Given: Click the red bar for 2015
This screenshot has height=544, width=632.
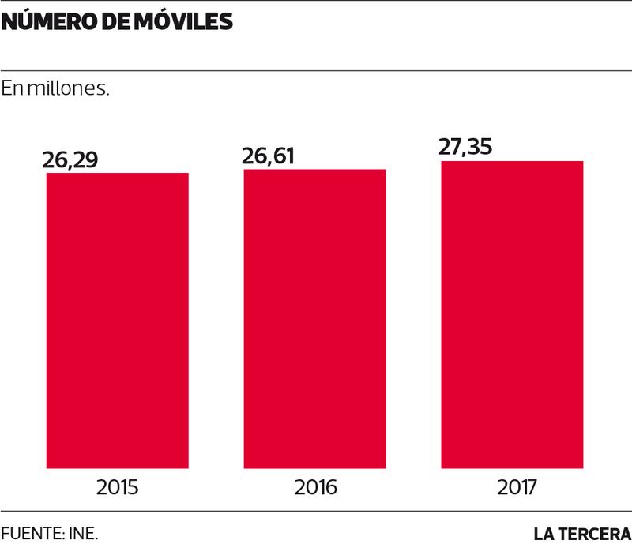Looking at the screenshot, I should coord(118,320).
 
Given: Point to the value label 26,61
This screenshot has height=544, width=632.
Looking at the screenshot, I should coord(268,156).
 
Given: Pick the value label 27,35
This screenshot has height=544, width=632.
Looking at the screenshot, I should coord(465,148).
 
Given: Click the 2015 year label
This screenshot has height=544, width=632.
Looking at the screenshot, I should coord(118,487).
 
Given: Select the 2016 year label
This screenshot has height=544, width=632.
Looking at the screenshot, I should coord(315,487).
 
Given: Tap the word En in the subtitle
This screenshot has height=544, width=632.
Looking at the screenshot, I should coord(12,88).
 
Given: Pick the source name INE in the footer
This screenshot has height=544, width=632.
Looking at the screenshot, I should coord(85,532).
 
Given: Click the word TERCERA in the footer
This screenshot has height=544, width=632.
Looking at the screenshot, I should coord(595,533).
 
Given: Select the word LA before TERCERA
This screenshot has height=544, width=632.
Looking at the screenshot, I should coord(544,533).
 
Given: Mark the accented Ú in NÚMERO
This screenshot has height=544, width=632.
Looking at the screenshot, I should coord(24,21).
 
